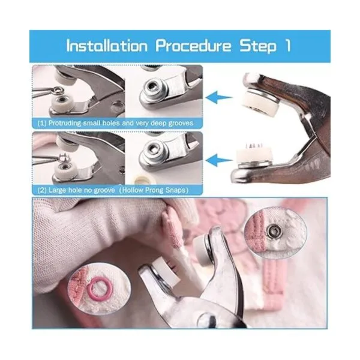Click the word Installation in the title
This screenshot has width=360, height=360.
[107, 46]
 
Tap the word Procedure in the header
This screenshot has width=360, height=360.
[193, 47]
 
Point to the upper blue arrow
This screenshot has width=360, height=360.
[219, 98]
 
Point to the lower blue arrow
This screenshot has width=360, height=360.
[219, 160]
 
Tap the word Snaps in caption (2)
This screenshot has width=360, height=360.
[175, 191]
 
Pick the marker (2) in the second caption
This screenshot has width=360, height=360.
[42, 191]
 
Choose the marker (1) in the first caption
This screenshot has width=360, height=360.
[42, 123]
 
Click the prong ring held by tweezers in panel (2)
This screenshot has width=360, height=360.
[63, 158]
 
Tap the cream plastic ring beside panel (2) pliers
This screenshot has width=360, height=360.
[140, 181]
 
